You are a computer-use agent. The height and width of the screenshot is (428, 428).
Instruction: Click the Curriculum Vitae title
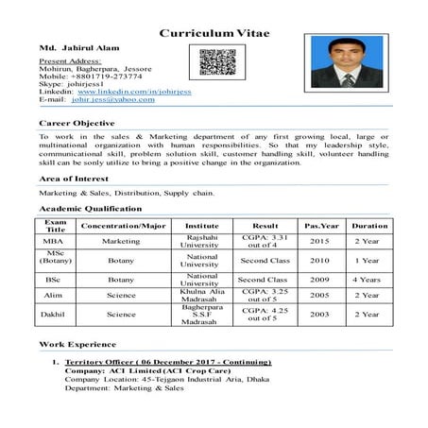click(x=214, y=33)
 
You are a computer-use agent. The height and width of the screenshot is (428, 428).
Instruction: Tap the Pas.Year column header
click(x=317, y=226)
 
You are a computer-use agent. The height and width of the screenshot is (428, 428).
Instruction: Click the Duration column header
click(x=368, y=226)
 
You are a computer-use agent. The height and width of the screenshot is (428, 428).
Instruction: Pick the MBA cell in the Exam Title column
click(x=56, y=241)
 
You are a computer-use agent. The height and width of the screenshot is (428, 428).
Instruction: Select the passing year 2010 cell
click(x=319, y=260)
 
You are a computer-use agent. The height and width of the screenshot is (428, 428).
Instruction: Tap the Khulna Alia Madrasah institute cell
click(x=202, y=295)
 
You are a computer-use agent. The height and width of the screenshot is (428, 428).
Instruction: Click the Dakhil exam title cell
click(x=56, y=314)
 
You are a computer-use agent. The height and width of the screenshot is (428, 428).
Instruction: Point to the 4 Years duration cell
click(x=368, y=280)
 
